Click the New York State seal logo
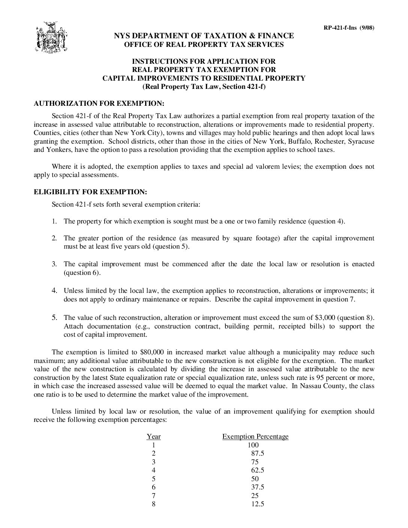[51, 37]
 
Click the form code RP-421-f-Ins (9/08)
[349, 27]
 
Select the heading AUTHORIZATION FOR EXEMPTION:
[99, 103]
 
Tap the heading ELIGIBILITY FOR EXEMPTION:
[90, 192]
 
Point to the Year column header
[153, 436]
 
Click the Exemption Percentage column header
[255, 436]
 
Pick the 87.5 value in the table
[257, 453]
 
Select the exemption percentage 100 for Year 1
[253, 445]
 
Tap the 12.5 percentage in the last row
[257, 504]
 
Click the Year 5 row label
[153, 479]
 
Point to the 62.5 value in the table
[257, 470]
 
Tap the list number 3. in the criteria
[54, 264]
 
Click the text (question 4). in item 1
[326, 221]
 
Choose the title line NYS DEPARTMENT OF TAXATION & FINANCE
[204, 36]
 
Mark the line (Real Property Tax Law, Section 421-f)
[204, 87]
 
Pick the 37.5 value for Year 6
[257, 487]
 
